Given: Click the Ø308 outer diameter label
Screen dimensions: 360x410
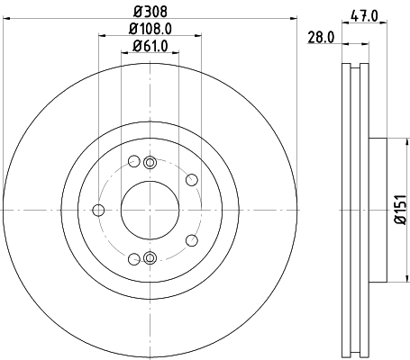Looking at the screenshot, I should pos(150,13).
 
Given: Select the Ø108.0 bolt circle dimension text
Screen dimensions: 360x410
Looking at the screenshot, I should pos(150,29).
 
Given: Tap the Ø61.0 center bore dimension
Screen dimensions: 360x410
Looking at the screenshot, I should pos(150,46).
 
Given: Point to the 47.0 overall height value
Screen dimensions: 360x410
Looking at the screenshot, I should pos(364,14).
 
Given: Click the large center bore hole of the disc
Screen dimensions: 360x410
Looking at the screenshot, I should pos(150,210).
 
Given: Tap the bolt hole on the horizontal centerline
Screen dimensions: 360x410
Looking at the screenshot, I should pos(97,211).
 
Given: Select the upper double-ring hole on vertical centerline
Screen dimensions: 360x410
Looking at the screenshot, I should pos(150,163).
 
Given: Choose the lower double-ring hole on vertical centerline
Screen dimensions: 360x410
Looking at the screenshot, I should pos(150,259).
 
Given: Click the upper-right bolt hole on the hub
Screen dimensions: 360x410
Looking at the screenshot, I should pos(192,179).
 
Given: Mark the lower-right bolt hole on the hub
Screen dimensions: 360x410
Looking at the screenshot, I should pos(192,240).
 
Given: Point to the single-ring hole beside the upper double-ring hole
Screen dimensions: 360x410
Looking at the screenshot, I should pos(133,162).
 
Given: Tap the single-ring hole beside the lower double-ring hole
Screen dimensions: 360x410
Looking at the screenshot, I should pos(133,259).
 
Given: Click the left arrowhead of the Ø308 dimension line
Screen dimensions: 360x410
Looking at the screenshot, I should pos(5,22).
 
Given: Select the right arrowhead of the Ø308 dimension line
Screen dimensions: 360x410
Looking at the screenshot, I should pos(294,22).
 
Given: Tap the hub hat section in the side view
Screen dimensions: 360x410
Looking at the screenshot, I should pos(377,210).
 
